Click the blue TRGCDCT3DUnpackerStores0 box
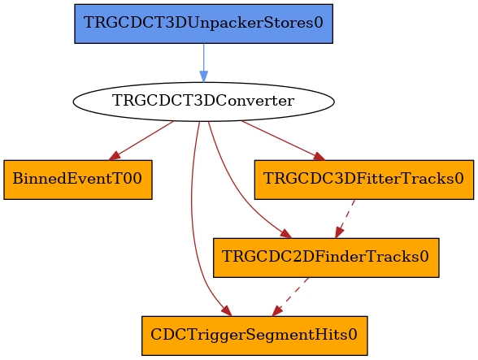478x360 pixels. (203, 24)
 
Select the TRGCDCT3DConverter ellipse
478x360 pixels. (203, 102)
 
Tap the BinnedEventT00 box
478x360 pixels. (78, 180)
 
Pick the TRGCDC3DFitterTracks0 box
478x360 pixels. (364, 180)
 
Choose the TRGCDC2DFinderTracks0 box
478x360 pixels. (326, 258)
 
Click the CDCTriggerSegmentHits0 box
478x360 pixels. (254, 336)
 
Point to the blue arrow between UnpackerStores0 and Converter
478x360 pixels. (203, 63)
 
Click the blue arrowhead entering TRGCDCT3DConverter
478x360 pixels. (203, 76)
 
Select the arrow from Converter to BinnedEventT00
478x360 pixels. (141, 141)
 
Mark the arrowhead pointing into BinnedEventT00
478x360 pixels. (115, 156)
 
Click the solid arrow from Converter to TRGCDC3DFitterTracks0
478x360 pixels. (283, 141)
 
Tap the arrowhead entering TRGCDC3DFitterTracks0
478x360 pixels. (319, 156)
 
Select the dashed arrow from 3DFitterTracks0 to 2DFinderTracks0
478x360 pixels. (345, 219)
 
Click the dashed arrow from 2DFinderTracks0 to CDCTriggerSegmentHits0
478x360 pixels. (290, 297)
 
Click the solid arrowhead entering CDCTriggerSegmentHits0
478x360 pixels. (228, 311)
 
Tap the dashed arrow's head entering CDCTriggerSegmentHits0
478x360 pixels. (276, 311)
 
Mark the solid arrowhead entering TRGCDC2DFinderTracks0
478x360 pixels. (286, 234)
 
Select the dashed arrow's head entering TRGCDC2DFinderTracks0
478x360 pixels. (339, 232)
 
